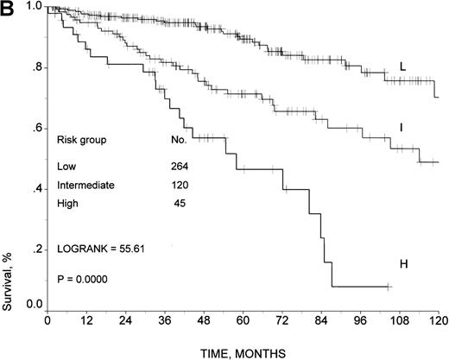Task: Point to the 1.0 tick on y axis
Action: coord(33,6)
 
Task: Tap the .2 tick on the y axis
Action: coord(35,249)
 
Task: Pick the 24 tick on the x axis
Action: coord(125,319)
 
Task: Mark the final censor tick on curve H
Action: coord(389,286)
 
